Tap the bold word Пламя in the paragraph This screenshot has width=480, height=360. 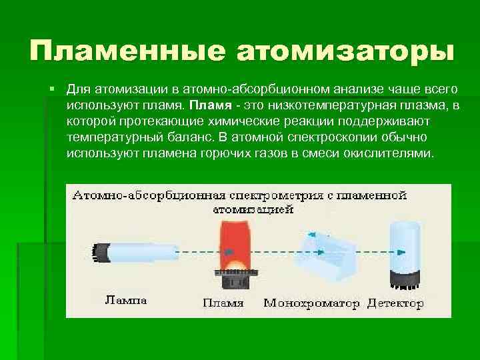pyautogui.click(x=209, y=105)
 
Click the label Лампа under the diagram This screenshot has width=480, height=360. pyautogui.click(x=127, y=300)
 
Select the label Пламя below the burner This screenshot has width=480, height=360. pyautogui.click(x=223, y=303)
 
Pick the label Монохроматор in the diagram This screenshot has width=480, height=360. pyautogui.click(x=311, y=303)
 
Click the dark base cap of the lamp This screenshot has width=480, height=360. pyautogui.click(x=101, y=252)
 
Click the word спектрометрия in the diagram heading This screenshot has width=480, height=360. pyautogui.click(x=267, y=196)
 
